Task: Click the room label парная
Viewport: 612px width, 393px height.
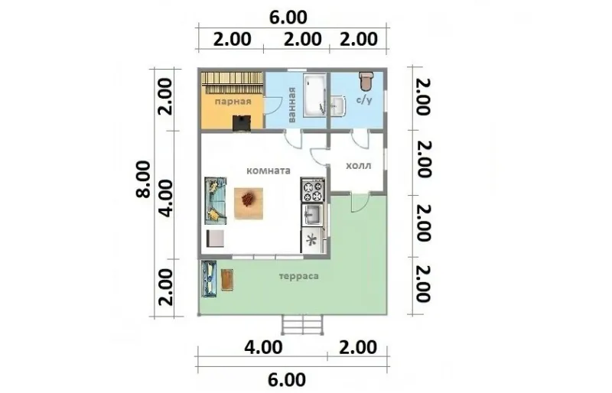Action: (233, 102)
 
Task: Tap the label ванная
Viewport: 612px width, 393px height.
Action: (292, 105)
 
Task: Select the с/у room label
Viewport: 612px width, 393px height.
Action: (364, 99)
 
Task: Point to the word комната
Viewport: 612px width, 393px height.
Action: (269, 171)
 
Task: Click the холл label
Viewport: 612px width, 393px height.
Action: (359, 165)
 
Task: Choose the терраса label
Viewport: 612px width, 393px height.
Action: (299, 276)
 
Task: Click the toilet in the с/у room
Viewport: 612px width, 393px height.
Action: (366, 80)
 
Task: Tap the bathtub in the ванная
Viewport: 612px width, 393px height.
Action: (315, 96)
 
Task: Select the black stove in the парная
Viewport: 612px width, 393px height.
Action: (242, 123)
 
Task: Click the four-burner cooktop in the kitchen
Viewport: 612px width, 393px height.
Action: (313, 190)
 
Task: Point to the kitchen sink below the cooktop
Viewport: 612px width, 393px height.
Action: (312, 214)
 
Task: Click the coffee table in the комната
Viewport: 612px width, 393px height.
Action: (248, 203)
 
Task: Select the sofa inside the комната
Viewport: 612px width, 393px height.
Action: (216, 200)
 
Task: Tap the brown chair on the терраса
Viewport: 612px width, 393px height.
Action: (227, 279)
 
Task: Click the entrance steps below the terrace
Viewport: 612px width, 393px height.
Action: (302, 325)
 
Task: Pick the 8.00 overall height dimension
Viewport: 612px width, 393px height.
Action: (144, 179)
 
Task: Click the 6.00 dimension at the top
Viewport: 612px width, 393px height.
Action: (289, 18)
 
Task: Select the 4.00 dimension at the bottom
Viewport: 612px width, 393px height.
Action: (263, 347)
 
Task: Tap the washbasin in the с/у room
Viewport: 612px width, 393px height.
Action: (338, 106)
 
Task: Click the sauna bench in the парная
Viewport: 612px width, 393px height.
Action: (232, 83)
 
